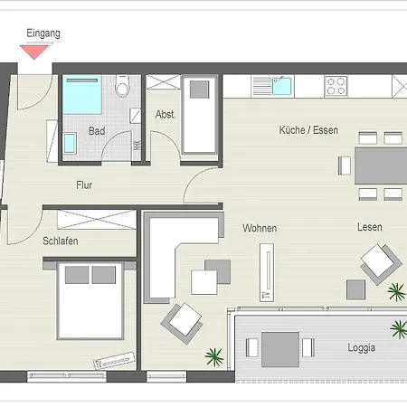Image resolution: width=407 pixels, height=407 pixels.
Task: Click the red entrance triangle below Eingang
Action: (35, 52)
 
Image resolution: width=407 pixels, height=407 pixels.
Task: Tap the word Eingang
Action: (43, 33)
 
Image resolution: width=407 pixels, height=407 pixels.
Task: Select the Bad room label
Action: (97, 131)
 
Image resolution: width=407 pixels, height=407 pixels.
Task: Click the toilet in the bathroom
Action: (125, 88)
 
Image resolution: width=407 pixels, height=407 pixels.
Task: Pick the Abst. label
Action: (165, 115)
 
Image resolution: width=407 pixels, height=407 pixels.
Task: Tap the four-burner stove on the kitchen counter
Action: (336, 87)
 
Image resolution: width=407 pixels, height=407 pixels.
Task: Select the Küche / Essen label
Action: (308, 130)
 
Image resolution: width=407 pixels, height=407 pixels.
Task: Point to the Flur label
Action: (84, 185)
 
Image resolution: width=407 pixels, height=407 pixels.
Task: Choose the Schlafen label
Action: (60, 241)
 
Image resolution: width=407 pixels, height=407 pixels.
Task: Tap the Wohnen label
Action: (260, 228)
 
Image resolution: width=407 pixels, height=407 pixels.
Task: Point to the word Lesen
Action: (369, 227)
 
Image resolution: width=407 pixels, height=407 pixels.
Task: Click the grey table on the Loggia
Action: (280, 345)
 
